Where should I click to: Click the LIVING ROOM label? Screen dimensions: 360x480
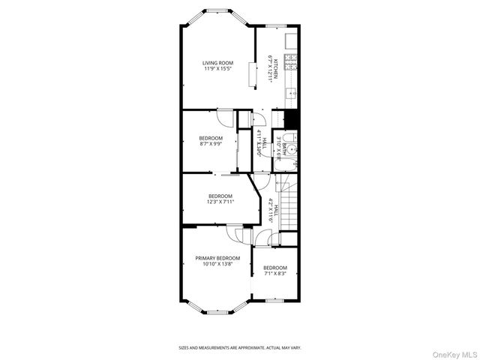click(x=217, y=63)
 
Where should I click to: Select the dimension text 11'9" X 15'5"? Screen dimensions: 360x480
click(x=217, y=69)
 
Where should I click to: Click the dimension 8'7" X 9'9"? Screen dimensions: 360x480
click(x=210, y=144)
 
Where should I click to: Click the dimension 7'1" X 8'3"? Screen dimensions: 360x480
click(x=274, y=274)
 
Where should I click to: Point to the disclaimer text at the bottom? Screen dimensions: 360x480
click(x=239, y=348)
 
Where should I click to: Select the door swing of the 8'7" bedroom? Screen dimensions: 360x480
click(x=226, y=117)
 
